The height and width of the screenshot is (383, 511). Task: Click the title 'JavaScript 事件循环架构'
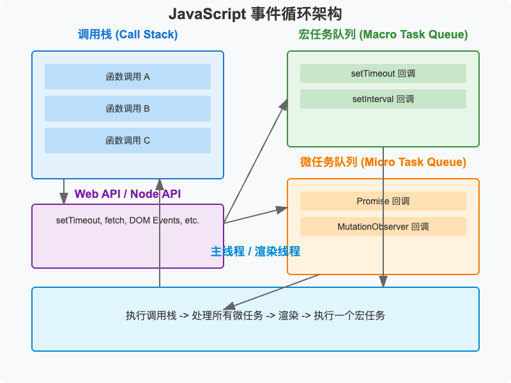pyautogui.click(x=256, y=14)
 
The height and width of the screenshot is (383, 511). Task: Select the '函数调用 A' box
pyautogui.click(x=128, y=77)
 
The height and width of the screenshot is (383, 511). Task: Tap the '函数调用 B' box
pyautogui.click(x=128, y=109)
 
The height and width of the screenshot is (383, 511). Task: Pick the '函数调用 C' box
pyautogui.click(x=128, y=140)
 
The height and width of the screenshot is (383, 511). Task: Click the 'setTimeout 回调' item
pyautogui.click(x=383, y=73)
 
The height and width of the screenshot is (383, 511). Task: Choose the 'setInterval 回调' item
pyautogui.click(x=383, y=99)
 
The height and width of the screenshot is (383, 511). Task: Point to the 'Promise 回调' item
pyautogui.click(x=383, y=201)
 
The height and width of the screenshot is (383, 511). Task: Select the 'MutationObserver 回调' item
pyautogui.click(x=383, y=227)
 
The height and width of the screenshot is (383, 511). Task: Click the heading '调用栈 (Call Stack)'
pyautogui.click(x=128, y=34)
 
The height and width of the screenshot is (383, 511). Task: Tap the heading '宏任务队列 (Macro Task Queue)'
pyautogui.click(x=383, y=34)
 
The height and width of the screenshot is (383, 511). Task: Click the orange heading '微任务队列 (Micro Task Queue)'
pyautogui.click(x=383, y=162)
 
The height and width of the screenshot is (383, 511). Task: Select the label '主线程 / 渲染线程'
pyautogui.click(x=256, y=252)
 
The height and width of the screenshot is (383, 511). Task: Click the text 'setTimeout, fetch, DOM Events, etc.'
pyautogui.click(x=128, y=220)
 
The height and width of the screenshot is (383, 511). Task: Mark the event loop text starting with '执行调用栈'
pyautogui.click(x=256, y=316)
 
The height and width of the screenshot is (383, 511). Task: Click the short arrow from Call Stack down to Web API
pyautogui.click(x=64, y=190)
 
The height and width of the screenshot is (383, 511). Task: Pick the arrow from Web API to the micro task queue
pyautogui.click(x=256, y=216)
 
